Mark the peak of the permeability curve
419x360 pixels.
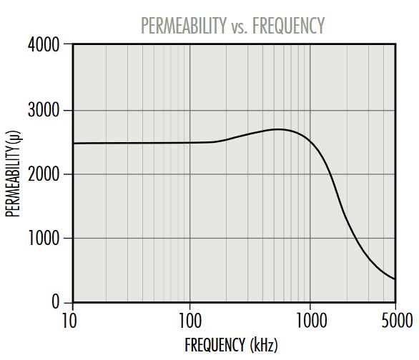(x=278, y=129)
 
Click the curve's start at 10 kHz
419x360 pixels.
(x=73, y=144)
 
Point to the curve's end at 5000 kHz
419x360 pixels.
(x=395, y=279)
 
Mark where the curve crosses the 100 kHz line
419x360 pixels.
(x=190, y=142)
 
